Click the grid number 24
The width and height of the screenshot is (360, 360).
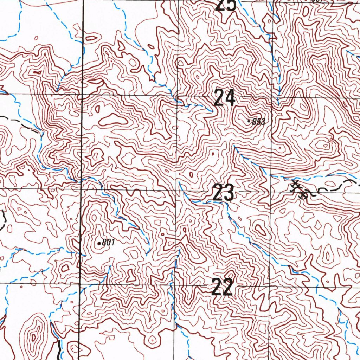224,98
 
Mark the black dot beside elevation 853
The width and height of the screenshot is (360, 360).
249,121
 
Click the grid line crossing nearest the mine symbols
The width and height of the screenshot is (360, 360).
270,190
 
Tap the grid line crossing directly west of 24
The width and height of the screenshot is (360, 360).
177,96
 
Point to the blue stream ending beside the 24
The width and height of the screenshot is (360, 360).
210,110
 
